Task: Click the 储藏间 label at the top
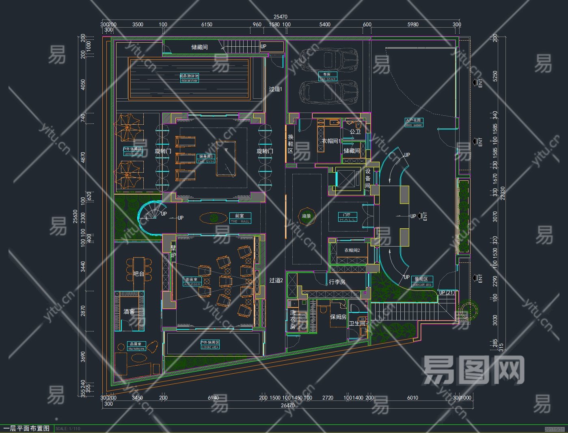click(x=199, y=47)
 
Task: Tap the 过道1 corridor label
click(x=276, y=89)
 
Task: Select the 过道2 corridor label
click(x=276, y=280)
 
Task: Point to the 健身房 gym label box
click(x=205, y=158)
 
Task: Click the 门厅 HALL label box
click(x=348, y=217)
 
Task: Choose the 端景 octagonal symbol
click(x=307, y=216)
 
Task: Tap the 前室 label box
click(x=240, y=218)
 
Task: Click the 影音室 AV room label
click(x=192, y=281)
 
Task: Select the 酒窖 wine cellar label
click(x=129, y=312)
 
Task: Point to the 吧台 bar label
click(x=139, y=274)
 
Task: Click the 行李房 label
click(x=337, y=282)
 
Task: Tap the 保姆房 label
click(x=338, y=317)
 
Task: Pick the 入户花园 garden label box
click(x=414, y=122)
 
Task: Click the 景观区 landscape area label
click(x=422, y=281)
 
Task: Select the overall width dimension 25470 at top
click(x=280, y=17)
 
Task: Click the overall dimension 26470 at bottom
click(x=287, y=405)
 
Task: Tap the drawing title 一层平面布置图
click(x=27, y=429)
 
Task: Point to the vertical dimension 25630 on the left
click(x=75, y=222)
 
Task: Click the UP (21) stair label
click(x=447, y=292)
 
